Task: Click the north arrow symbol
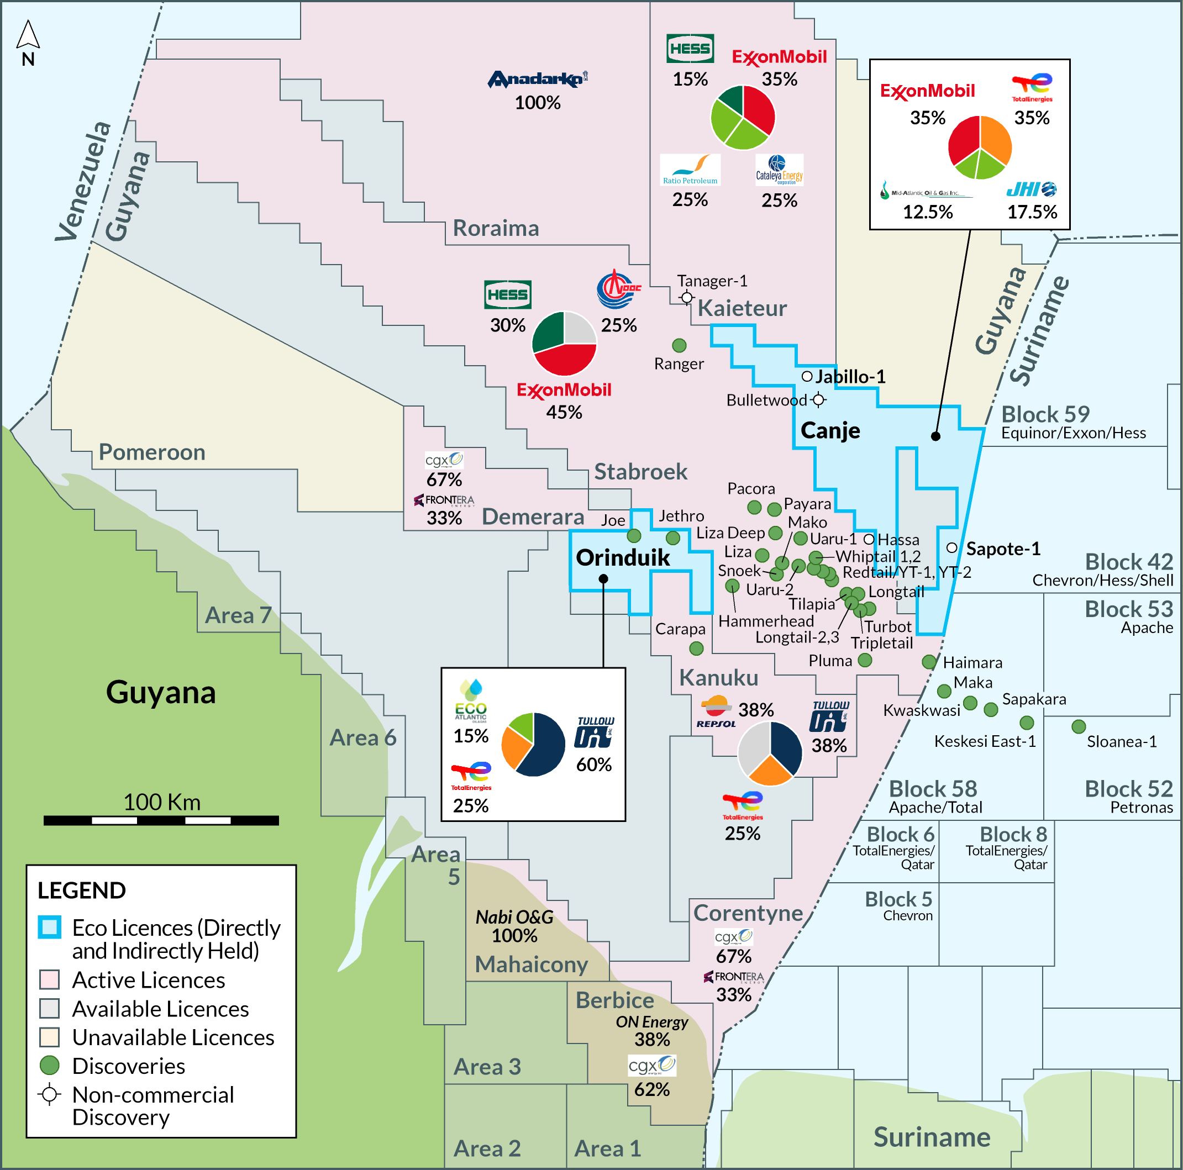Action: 28,35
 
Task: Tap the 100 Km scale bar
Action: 161,820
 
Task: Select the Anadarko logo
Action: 537,79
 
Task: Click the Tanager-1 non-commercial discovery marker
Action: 687,298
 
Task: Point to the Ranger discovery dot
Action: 679,345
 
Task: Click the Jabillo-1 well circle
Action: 807,376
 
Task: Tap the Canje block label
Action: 830,430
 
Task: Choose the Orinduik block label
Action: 623,558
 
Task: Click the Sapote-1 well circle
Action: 951,547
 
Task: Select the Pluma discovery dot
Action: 865,660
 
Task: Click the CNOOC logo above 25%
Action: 618,289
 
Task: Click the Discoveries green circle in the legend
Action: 50,1065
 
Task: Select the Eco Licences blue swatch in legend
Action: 50,927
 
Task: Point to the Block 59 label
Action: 1045,414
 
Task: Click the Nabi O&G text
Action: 514,916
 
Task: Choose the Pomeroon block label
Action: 152,452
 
